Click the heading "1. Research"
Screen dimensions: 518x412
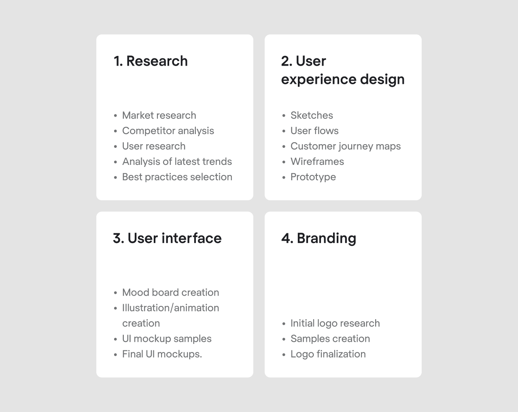(151, 61)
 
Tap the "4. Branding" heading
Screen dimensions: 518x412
(319, 239)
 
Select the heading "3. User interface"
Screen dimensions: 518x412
(167, 238)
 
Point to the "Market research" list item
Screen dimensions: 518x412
(159, 115)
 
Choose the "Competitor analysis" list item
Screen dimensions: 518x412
(168, 131)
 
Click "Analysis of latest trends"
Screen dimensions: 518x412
(177, 162)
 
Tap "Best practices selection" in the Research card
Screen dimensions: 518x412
(177, 177)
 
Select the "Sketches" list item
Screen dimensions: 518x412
(312, 115)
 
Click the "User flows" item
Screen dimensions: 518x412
(314, 131)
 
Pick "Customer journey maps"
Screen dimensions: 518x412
(346, 147)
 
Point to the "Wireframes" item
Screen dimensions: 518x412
(317, 162)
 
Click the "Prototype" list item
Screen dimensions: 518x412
(313, 177)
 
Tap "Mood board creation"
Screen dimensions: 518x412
(171, 292)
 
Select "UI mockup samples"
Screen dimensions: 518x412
(167, 339)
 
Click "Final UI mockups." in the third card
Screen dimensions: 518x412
(162, 354)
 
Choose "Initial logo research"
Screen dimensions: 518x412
(335, 324)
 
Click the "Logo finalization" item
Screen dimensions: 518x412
(328, 354)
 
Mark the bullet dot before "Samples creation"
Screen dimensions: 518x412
(284, 339)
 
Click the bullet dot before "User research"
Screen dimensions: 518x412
(116, 147)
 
